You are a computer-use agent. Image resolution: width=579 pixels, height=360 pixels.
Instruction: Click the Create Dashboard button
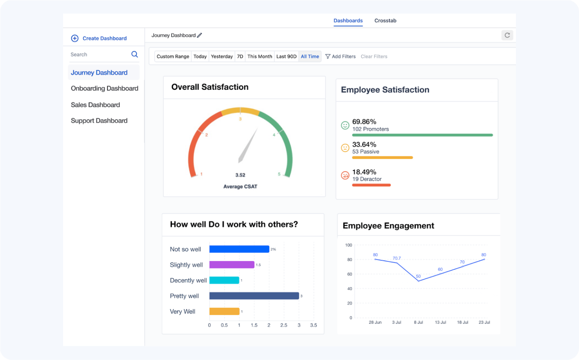[x=99, y=38]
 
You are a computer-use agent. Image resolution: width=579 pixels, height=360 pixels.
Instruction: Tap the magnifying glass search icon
[x=135, y=54]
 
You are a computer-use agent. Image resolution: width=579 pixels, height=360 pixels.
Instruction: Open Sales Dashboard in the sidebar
[x=95, y=105]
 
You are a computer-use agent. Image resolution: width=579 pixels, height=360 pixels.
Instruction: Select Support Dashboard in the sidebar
[x=99, y=121]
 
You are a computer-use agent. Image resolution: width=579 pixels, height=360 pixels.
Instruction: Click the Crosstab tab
[x=385, y=21]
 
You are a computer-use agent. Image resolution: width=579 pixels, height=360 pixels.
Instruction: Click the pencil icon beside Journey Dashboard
[x=200, y=35]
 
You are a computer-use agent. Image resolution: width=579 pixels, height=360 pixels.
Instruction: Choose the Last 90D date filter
[x=286, y=57]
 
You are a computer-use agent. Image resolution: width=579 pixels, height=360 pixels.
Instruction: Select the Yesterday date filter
[x=222, y=57]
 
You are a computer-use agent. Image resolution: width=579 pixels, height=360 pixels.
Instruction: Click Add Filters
[x=340, y=57]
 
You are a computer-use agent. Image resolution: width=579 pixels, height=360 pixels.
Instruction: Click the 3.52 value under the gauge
[x=240, y=175]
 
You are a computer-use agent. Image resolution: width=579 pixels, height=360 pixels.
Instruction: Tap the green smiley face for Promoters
[x=345, y=125]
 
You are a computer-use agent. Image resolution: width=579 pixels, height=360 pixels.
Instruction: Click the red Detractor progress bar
[x=371, y=185]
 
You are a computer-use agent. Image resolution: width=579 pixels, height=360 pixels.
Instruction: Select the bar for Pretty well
[x=254, y=296]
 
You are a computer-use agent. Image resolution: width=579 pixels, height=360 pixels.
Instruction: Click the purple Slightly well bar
[x=232, y=265]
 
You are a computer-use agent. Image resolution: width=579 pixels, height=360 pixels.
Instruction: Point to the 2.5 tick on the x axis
[x=283, y=325]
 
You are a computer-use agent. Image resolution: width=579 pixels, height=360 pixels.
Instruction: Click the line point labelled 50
[x=418, y=281]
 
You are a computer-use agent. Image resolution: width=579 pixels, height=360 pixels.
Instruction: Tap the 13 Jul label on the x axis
[x=440, y=322]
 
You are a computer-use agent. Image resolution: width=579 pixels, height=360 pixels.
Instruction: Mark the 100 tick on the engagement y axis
[x=348, y=245]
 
